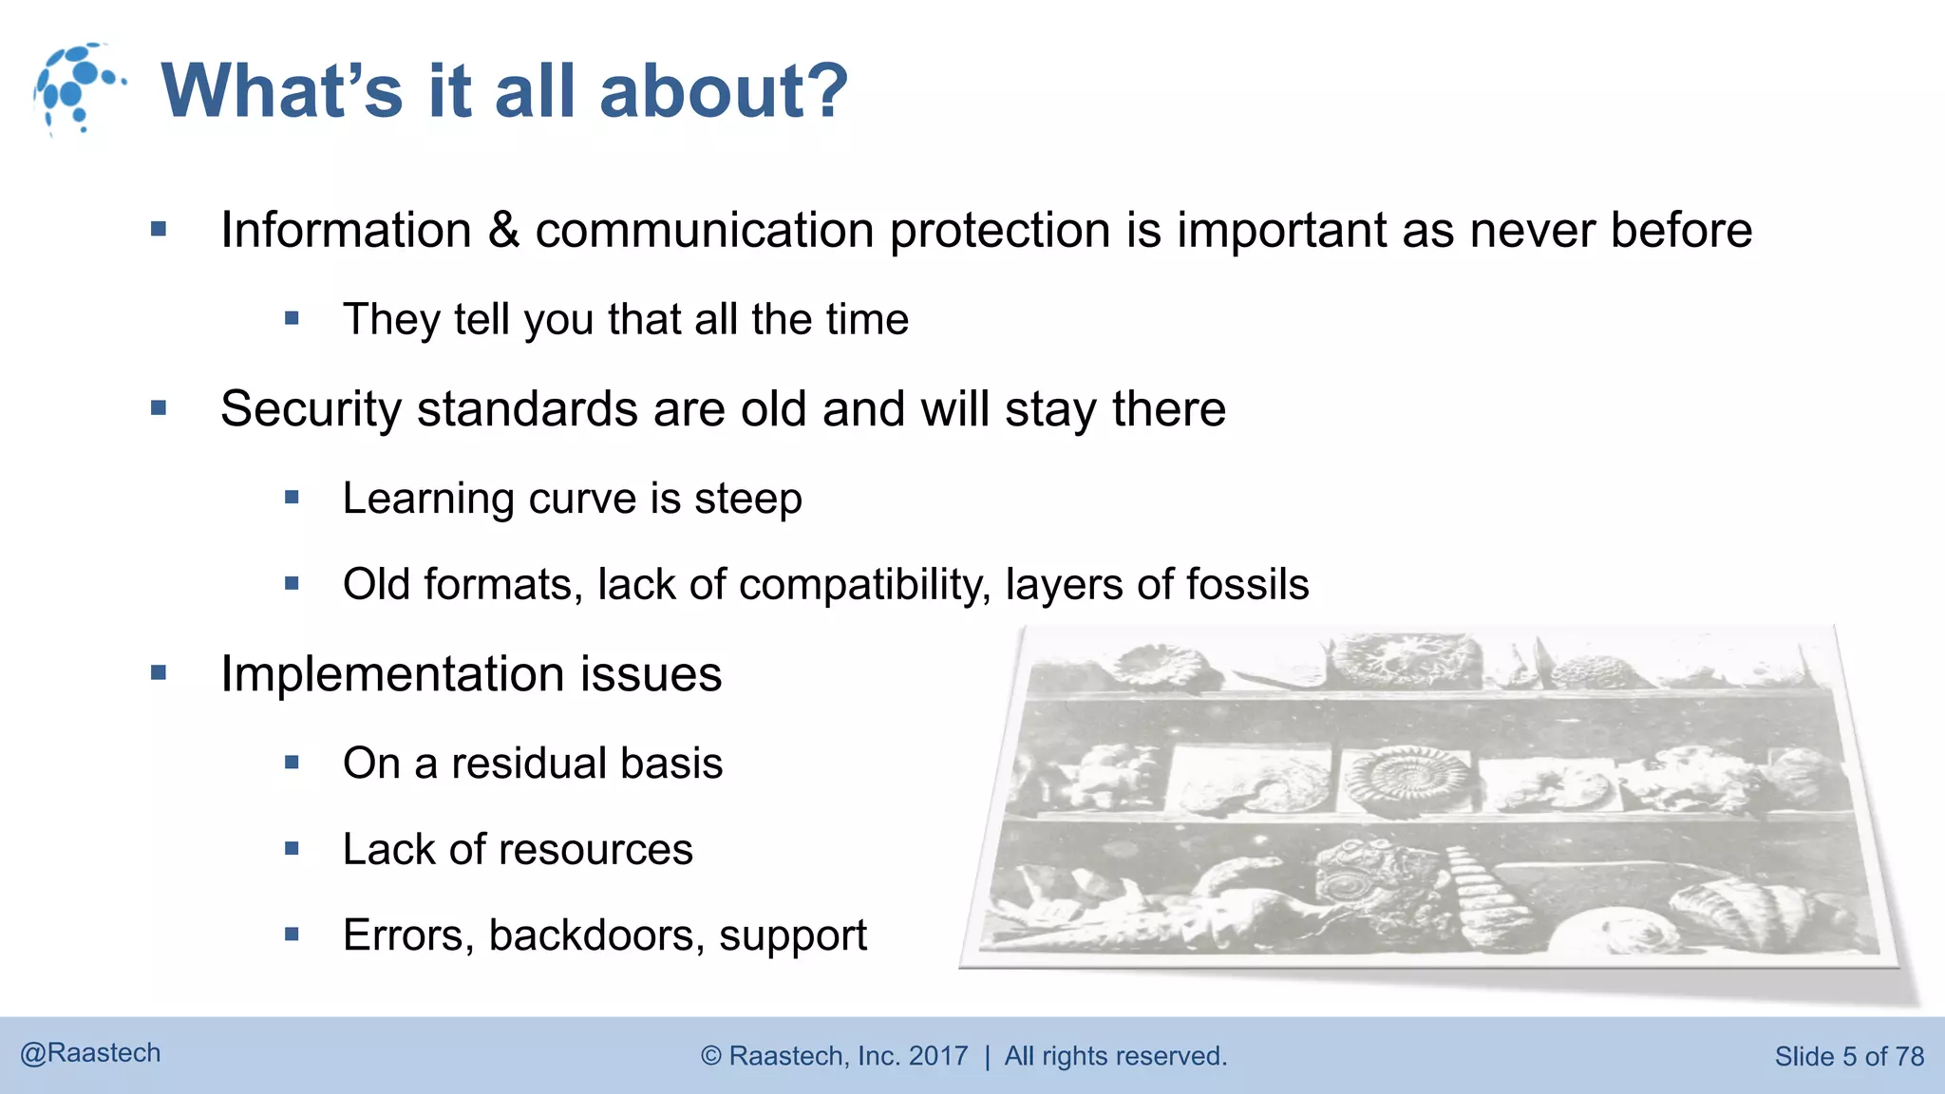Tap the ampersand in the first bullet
[503, 231]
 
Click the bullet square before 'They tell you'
[292, 319]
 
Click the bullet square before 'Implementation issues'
[159, 673]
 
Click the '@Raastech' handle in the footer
[90, 1053]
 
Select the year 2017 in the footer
[938, 1056]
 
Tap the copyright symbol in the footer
[711, 1056]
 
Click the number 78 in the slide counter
[1909, 1056]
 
